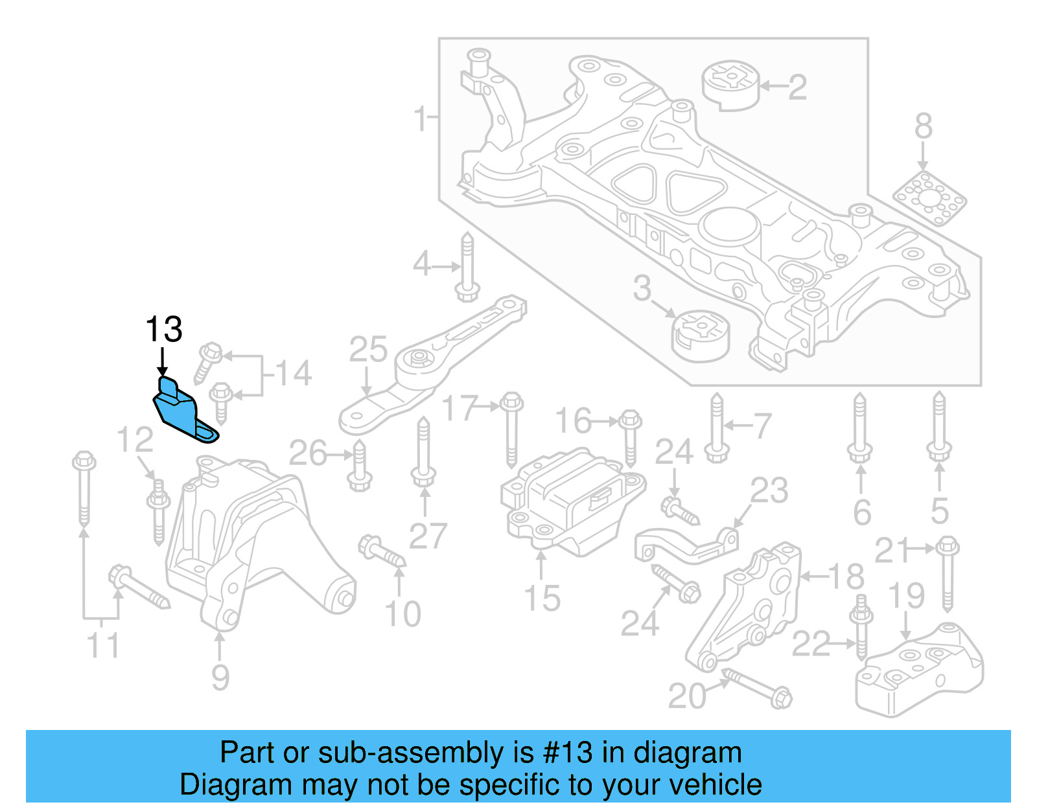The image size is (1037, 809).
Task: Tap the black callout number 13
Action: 163,330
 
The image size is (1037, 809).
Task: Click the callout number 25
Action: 368,349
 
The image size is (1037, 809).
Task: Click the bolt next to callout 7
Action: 716,427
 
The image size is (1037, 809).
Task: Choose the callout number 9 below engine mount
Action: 220,678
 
